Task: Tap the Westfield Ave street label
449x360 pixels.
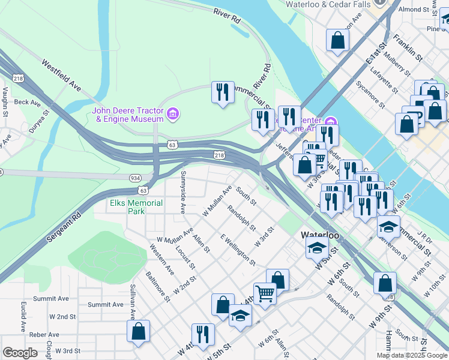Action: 61,75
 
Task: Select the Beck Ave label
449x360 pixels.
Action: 27,103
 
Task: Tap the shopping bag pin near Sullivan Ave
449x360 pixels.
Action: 138,331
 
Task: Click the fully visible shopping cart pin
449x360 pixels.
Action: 265,293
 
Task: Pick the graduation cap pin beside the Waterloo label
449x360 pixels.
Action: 317,247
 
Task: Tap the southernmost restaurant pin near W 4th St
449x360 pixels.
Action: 203,335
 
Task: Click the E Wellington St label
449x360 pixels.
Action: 238,250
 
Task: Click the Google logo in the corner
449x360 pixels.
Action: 20,353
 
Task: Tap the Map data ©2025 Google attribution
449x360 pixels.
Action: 411,355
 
